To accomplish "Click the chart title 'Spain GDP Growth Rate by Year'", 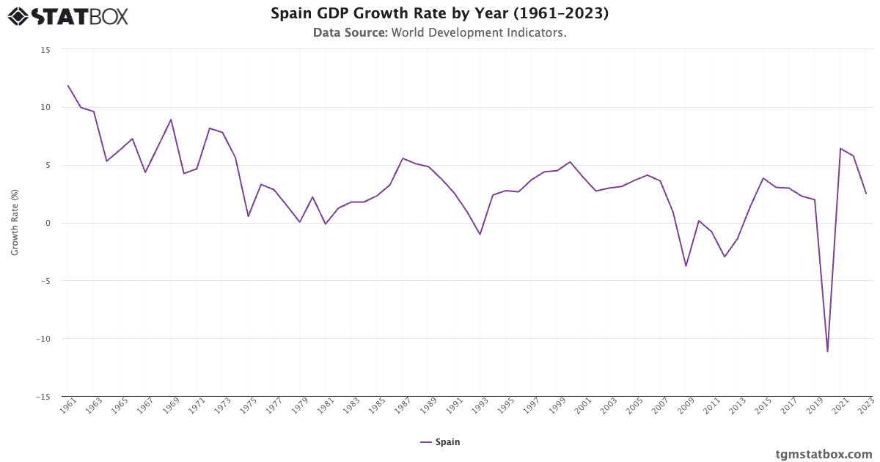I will [440, 14].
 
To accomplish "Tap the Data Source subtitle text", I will [440, 33].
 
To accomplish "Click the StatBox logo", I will [68, 16].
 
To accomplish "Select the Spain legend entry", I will [440, 442].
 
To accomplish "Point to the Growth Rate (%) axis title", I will [15, 222].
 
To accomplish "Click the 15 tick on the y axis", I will [45, 49].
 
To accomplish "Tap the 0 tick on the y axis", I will [48, 223].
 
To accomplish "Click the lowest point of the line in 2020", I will [827, 351].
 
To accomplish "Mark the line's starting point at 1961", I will [68, 86].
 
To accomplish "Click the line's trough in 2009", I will [686, 265].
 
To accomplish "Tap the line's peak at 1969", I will [171, 120].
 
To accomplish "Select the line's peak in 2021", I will [840, 149].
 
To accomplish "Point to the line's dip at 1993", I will [480, 234].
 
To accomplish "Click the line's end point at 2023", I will [866, 194].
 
